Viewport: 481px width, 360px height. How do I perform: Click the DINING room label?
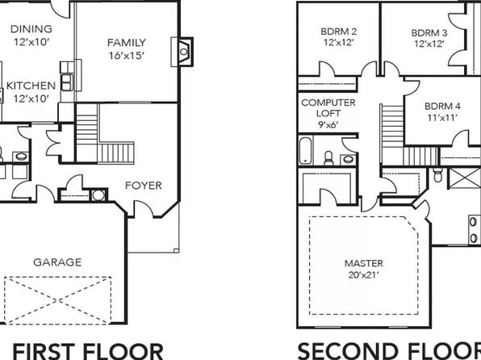31,29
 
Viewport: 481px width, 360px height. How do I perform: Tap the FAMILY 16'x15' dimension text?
127,56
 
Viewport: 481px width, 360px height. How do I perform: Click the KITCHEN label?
31,86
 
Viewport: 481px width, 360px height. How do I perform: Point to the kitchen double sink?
66,82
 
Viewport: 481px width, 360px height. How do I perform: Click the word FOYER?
144,186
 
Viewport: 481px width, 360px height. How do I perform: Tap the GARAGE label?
57,262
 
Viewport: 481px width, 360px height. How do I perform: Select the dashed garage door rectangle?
57,300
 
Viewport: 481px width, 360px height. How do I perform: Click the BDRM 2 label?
339,31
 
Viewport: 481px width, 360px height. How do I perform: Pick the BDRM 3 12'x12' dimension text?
429,44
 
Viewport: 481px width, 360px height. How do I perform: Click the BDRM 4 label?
442,107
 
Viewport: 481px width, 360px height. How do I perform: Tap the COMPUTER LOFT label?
328,107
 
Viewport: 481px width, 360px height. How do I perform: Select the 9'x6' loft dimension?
328,124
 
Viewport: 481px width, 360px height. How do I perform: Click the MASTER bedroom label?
364,263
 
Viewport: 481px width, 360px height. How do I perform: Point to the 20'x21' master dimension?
364,275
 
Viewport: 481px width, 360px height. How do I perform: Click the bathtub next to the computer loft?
305,151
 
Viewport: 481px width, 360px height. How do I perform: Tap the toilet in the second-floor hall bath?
328,157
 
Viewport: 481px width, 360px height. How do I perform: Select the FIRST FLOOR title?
88,351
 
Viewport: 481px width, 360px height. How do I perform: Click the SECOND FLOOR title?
389,351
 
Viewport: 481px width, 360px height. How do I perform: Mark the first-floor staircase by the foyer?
104,133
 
